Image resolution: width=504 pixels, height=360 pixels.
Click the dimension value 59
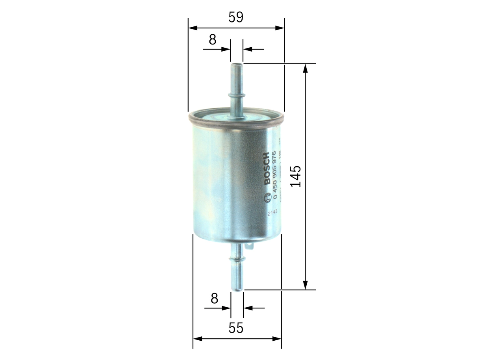click(236, 17)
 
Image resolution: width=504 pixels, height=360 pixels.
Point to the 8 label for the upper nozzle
click(213, 39)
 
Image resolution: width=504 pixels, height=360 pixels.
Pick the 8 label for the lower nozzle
click(214, 299)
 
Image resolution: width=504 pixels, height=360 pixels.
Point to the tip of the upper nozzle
click(237, 64)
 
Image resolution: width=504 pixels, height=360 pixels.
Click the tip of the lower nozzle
click(237, 289)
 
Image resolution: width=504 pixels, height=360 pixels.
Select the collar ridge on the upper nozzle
click(237, 95)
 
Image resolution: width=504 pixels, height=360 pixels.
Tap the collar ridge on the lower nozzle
click(237, 259)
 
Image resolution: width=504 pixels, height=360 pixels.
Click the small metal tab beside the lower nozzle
click(249, 246)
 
